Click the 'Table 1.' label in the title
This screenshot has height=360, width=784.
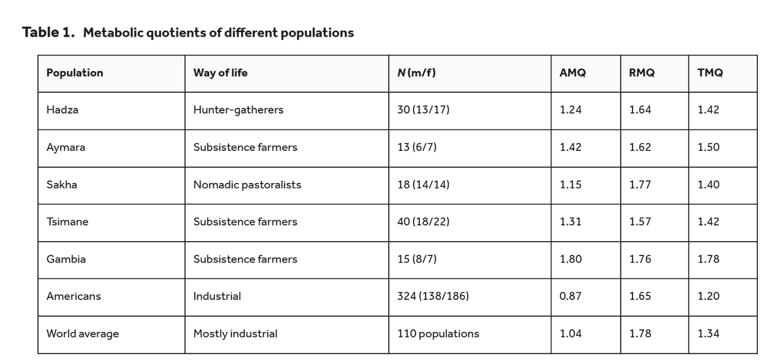point(48,32)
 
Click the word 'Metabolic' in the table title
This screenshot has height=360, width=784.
point(112,33)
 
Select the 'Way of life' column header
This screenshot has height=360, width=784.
point(220,73)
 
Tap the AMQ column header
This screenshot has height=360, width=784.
point(572,73)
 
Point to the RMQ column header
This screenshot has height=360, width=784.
point(642,73)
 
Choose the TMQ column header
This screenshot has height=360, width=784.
point(710,73)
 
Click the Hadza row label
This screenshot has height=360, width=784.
point(62,110)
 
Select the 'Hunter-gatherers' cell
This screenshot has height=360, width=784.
point(238,110)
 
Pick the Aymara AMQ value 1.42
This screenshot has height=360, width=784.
point(570,147)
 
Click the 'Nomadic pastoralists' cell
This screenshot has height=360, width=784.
point(247,184)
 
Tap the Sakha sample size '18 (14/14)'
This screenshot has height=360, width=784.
point(423,184)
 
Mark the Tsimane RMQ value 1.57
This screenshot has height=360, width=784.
point(640,221)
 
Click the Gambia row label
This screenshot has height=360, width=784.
point(66,259)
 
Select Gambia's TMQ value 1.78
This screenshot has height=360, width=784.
point(708,259)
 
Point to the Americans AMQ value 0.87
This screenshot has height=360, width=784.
point(570,297)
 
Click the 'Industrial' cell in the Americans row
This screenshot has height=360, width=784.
point(217,297)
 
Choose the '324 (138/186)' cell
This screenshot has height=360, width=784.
point(433,297)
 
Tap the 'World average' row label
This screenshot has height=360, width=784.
point(82,334)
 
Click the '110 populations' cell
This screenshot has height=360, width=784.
point(438,334)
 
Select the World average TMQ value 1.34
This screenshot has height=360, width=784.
point(708,333)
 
